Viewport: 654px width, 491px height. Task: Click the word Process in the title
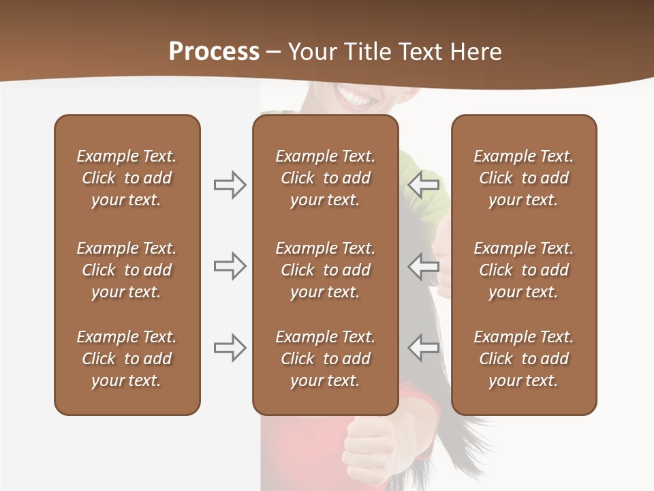pyautogui.click(x=214, y=52)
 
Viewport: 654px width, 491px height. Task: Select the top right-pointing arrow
pyautogui.click(x=230, y=184)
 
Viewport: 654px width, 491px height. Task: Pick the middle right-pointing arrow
pyautogui.click(x=230, y=266)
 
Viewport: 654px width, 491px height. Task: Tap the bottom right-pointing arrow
pyautogui.click(x=230, y=348)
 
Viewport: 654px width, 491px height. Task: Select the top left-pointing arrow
pyautogui.click(x=424, y=184)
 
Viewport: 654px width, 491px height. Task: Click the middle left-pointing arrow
pyautogui.click(x=424, y=266)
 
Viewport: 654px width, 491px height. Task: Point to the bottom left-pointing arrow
pyautogui.click(x=424, y=348)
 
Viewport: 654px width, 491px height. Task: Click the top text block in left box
pyautogui.click(x=127, y=178)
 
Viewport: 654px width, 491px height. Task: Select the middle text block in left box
pyautogui.click(x=127, y=270)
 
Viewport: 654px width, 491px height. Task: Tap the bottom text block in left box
pyautogui.click(x=127, y=359)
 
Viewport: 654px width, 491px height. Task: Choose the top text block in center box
pyautogui.click(x=325, y=178)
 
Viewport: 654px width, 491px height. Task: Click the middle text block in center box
pyautogui.click(x=325, y=270)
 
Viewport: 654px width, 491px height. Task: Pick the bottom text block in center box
pyautogui.click(x=325, y=359)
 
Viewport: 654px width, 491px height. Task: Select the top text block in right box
pyautogui.click(x=523, y=178)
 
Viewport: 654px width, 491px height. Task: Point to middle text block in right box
pyautogui.click(x=523, y=270)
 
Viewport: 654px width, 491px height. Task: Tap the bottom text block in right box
pyautogui.click(x=523, y=359)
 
